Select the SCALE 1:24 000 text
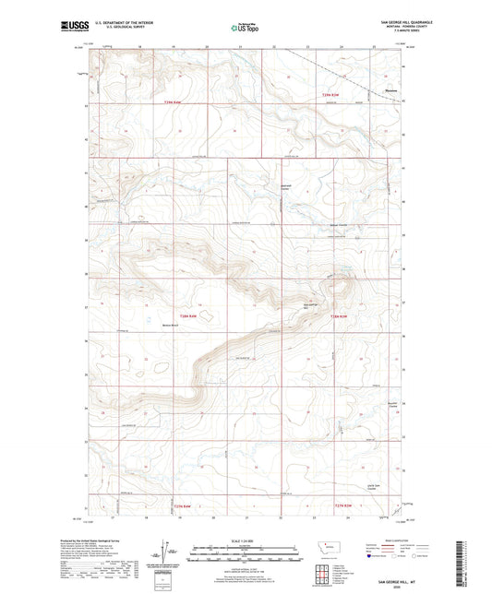pyautogui.click(x=246, y=540)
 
